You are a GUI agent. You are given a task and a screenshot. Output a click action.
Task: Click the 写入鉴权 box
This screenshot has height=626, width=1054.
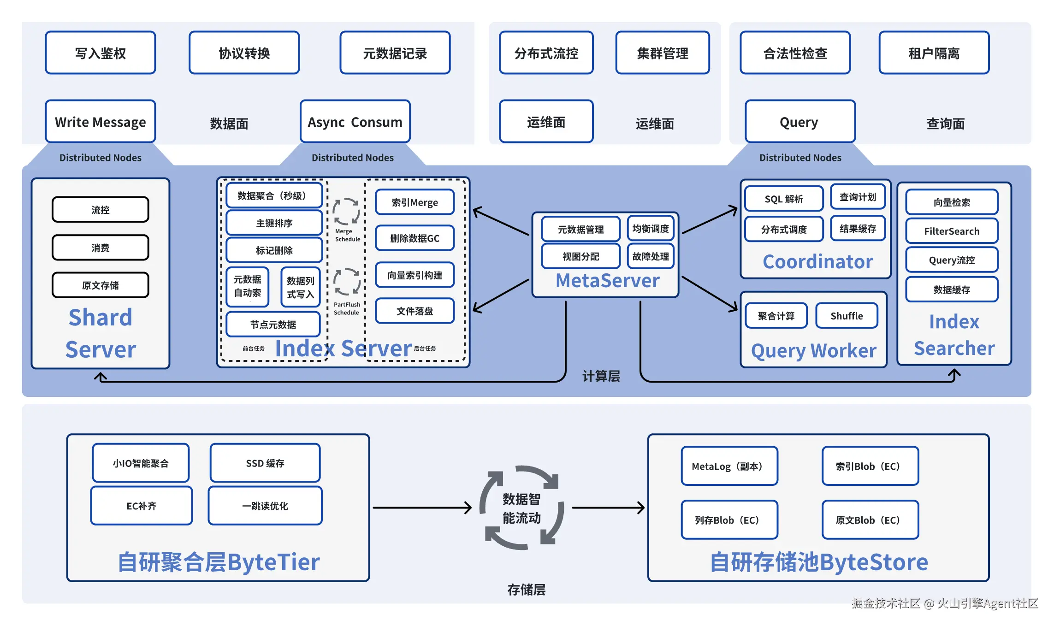101,53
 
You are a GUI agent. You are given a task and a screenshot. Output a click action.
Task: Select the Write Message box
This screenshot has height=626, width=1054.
101,122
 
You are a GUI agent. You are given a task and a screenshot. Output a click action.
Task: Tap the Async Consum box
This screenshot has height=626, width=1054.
355,122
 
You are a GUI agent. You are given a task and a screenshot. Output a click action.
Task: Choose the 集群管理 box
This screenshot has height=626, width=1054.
663,53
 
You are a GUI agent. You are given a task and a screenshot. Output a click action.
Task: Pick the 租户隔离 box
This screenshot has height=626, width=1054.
934,53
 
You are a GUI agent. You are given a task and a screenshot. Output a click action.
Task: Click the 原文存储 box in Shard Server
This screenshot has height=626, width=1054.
101,285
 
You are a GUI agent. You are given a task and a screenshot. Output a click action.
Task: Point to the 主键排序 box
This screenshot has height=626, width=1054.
274,223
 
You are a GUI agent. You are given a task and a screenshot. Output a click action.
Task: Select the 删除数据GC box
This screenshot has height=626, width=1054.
414,238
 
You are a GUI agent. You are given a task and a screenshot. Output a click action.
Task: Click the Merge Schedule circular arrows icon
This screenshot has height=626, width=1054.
346,212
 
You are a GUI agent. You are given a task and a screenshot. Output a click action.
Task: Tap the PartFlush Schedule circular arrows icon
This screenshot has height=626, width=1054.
347,281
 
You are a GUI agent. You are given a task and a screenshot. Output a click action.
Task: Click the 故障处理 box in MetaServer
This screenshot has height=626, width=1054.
651,256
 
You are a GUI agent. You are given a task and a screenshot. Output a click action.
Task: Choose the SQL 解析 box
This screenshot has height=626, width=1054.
784,199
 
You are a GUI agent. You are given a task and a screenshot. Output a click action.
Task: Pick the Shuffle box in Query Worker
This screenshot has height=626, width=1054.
847,316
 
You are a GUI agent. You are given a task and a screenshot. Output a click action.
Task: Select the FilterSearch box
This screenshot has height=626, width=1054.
952,231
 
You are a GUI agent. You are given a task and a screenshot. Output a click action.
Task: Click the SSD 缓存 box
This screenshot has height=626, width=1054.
265,463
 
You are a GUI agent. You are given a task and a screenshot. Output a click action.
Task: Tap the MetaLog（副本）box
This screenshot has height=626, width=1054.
729,466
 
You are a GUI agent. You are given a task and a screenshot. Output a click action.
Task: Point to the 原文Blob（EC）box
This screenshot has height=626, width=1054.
870,520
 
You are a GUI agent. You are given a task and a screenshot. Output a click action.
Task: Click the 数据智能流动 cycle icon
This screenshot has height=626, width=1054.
521,508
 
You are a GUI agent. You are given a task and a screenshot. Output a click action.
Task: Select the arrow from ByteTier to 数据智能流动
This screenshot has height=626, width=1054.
421,508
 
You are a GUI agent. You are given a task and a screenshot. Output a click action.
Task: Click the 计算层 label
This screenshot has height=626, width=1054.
601,376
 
